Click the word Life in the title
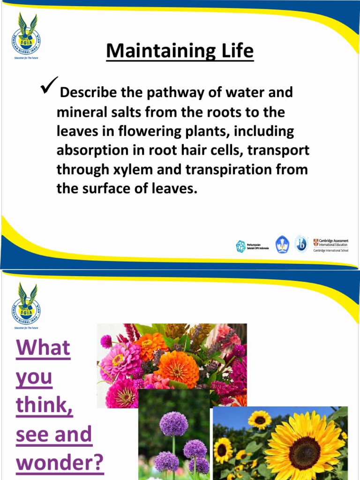[x=237, y=51]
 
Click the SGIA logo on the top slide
[x=26, y=35]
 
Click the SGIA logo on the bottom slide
[x=26, y=305]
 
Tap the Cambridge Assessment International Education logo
[x=331, y=245]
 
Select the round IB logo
[x=301, y=244]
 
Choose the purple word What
[x=43, y=348]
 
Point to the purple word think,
[x=45, y=406]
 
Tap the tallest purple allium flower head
[x=173, y=423]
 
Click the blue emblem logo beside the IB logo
[x=282, y=245]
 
